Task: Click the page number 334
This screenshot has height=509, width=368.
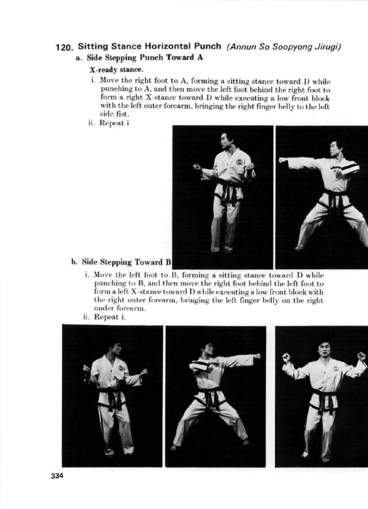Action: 57,475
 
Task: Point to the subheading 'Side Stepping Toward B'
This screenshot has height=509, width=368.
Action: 122,262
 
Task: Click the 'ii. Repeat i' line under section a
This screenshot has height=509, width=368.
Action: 106,123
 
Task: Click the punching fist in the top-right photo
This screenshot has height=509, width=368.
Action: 282,160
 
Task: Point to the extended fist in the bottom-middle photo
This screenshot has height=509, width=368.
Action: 257,356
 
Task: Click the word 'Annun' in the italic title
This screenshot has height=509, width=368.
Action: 242,47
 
